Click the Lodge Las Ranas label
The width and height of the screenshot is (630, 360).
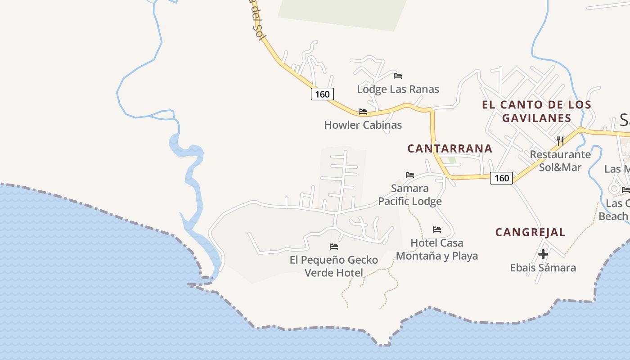398,89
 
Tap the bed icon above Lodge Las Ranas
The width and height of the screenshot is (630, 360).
398,76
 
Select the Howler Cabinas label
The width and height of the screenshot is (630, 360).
363,125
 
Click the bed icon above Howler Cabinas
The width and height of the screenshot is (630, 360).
363,111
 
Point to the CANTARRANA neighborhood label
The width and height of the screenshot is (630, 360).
450,148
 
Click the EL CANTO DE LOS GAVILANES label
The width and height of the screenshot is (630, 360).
536,111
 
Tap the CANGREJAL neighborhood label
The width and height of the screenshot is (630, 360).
530,232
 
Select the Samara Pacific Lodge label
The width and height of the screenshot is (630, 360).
409,195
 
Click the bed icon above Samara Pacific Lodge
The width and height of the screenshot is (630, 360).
409,175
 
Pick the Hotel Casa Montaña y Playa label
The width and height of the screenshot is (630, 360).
436,249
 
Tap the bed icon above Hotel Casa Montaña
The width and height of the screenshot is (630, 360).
436,229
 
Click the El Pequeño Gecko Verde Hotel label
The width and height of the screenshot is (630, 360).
333,266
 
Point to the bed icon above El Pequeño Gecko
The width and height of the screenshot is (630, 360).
333,247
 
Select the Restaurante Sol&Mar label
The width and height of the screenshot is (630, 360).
560,161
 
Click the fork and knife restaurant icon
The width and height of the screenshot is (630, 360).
560,141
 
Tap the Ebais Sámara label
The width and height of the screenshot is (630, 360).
543,268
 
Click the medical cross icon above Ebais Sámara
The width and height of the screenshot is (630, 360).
543,254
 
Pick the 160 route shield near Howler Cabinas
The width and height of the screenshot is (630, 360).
322,94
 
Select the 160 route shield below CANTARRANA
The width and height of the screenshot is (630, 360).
501,178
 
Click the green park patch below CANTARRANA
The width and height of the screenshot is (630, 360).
452,160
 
